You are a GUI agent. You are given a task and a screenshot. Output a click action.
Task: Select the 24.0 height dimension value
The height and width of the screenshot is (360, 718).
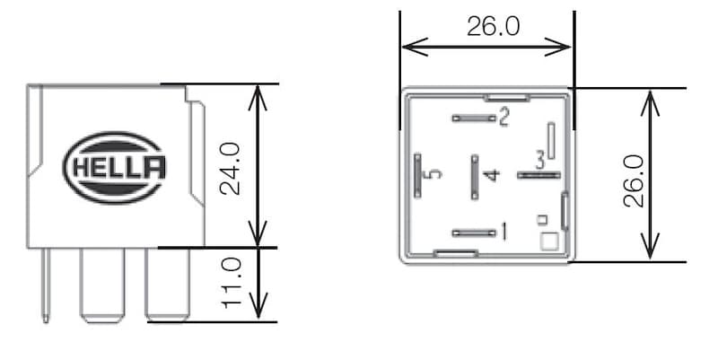pyautogui.click(x=232, y=166)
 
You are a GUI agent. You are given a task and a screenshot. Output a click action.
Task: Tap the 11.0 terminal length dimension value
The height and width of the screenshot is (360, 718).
pyautogui.click(x=232, y=282)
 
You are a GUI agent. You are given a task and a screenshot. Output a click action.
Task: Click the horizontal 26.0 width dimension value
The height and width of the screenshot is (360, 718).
pyautogui.click(x=493, y=27)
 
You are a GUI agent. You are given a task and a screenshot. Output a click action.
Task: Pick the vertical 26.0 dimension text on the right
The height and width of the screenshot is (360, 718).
pyautogui.click(x=634, y=180)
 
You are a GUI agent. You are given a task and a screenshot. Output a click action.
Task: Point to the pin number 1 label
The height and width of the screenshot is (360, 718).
pyautogui.click(x=503, y=233)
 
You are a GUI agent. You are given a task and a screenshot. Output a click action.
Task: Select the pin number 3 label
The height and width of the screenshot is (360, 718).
pyautogui.click(x=539, y=161)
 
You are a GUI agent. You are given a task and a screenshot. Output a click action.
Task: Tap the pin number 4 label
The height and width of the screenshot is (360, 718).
pyautogui.click(x=490, y=174)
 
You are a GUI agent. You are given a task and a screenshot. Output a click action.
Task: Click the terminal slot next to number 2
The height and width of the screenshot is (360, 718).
pyautogui.click(x=474, y=118)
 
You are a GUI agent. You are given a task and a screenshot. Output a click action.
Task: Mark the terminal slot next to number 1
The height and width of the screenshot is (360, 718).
pyautogui.click(x=474, y=233)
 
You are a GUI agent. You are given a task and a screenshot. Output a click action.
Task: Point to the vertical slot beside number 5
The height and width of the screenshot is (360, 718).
pyautogui.click(x=417, y=174)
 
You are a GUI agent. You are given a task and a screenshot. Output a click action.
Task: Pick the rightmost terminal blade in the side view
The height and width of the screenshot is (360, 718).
pyautogui.click(x=168, y=284)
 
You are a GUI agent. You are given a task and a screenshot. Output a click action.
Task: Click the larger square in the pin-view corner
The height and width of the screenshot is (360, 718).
pyautogui.click(x=548, y=241)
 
